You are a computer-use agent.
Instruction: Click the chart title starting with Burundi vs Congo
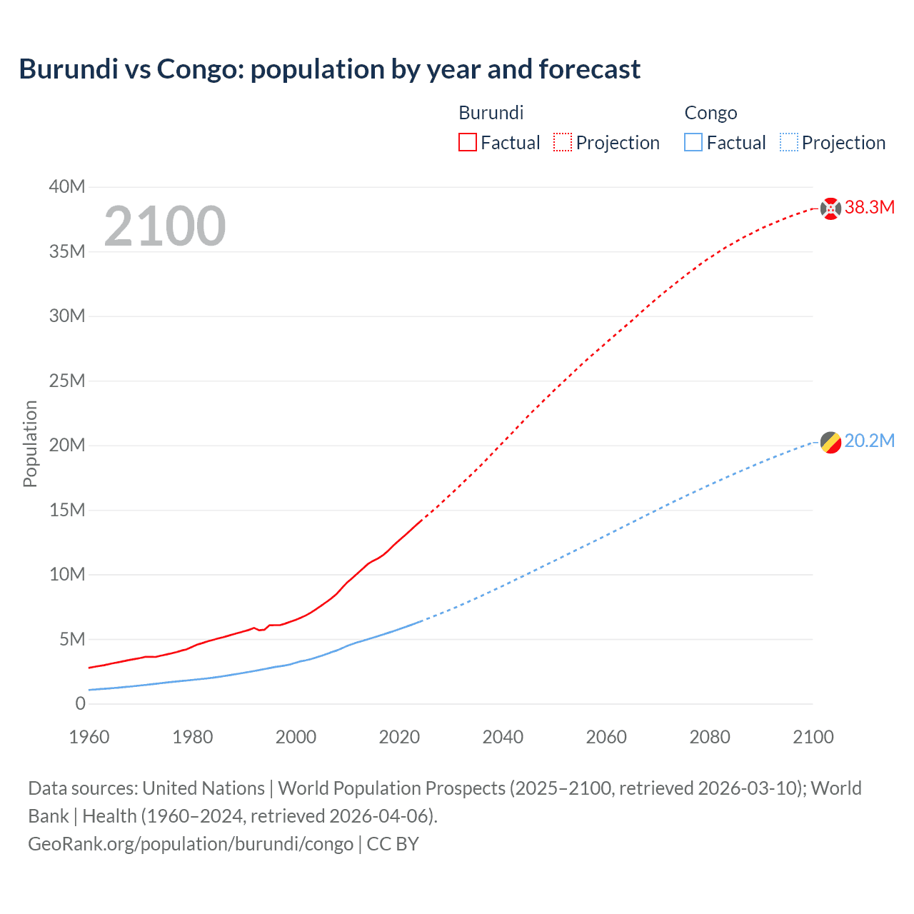[x=329, y=69]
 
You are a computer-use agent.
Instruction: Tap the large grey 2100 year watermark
[x=165, y=226]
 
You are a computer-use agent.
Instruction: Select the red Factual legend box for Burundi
[x=467, y=142]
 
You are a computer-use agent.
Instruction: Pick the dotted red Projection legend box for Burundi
[x=563, y=142]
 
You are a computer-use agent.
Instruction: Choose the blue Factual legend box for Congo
[x=693, y=142]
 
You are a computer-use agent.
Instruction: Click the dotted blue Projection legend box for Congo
[x=789, y=142]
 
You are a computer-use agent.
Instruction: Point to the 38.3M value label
[x=869, y=208]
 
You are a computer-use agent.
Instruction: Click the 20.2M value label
[x=869, y=441]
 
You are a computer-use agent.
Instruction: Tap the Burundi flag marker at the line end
[x=830, y=209]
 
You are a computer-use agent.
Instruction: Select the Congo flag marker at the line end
[x=830, y=443]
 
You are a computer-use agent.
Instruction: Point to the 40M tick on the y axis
[x=67, y=187]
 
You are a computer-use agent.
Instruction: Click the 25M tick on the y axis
[x=67, y=381]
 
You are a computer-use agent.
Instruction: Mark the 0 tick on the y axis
[x=80, y=703]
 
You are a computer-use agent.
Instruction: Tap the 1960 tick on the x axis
[x=89, y=737]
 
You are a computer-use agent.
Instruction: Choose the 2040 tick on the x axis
[x=503, y=737]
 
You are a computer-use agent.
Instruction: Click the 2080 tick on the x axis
[x=710, y=737]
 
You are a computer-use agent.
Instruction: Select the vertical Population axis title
[x=30, y=443]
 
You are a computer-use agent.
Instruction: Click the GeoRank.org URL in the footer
[x=191, y=844]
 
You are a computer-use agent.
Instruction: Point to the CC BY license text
[x=393, y=844]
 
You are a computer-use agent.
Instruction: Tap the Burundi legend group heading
[x=491, y=113]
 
